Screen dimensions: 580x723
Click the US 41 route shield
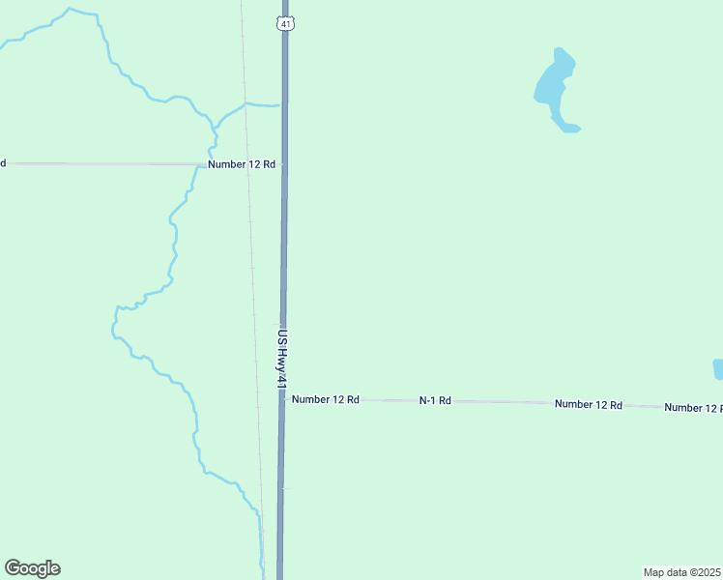(x=283, y=22)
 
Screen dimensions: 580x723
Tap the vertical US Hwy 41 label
(x=282, y=357)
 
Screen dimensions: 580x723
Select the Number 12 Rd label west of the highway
(x=242, y=164)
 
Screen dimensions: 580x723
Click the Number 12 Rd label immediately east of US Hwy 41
(x=326, y=399)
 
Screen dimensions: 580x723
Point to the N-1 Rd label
(x=435, y=400)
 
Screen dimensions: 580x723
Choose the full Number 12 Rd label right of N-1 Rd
(x=588, y=404)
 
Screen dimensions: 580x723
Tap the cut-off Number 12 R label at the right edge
(x=693, y=408)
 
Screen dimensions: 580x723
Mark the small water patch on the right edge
(x=718, y=369)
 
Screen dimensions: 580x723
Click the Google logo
(x=32, y=568)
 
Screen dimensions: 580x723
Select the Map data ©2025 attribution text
(x=681, y=572)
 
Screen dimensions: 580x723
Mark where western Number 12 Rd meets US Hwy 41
(x=284, y=165)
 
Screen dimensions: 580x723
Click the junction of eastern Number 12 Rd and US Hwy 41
(x=283, y=399)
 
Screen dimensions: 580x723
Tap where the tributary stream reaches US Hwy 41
(x=280, y=104)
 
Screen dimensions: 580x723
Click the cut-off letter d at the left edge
(x=3, y=162)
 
